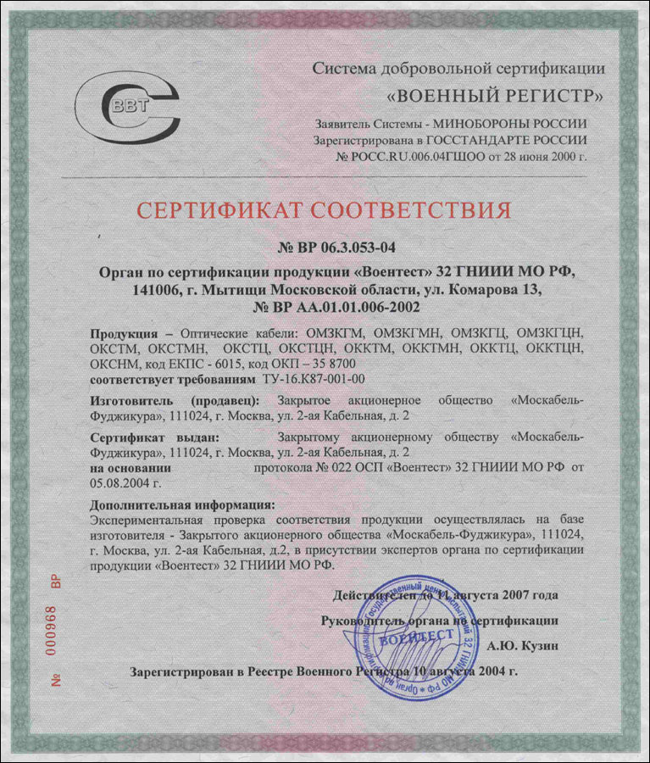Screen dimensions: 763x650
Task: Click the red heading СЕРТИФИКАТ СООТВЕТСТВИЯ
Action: coord(325,209)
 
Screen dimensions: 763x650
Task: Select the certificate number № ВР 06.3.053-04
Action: coord(325,248)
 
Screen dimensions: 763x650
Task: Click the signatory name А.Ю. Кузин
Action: coord(522,646)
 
